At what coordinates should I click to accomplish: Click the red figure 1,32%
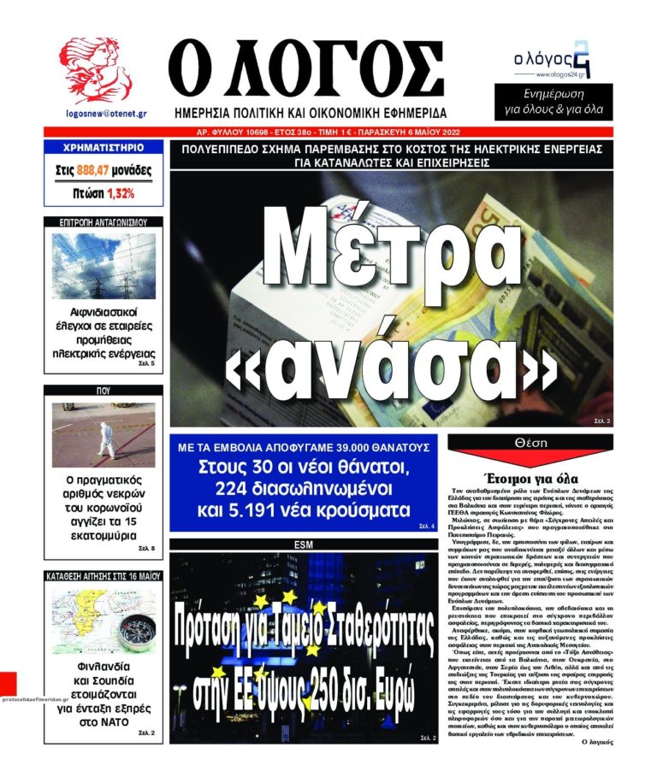(x=121, y=194)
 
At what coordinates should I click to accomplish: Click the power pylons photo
(x=103, y=266)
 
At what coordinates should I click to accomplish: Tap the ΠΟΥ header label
(x=104, y=389)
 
